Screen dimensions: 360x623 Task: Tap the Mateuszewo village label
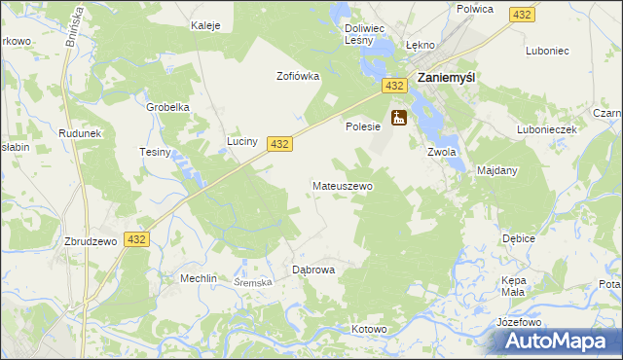click(342, 185)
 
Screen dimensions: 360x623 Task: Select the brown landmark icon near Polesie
click(398, 119)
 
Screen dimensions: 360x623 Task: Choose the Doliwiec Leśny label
click(365, 35)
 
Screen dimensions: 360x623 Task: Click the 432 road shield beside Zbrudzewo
click(136, 239)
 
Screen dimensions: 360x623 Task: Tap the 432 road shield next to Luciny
click(279, 143)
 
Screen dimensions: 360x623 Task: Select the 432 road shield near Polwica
click(522, 14)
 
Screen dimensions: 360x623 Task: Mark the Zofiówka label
click(298, 76)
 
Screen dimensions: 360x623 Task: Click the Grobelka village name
click(167, 107)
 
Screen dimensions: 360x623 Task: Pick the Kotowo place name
click(370, 330)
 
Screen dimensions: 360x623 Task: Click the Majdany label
click(497, 170)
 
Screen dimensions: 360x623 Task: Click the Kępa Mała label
click(513, 285)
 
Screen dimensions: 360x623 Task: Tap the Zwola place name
click(441, 152)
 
